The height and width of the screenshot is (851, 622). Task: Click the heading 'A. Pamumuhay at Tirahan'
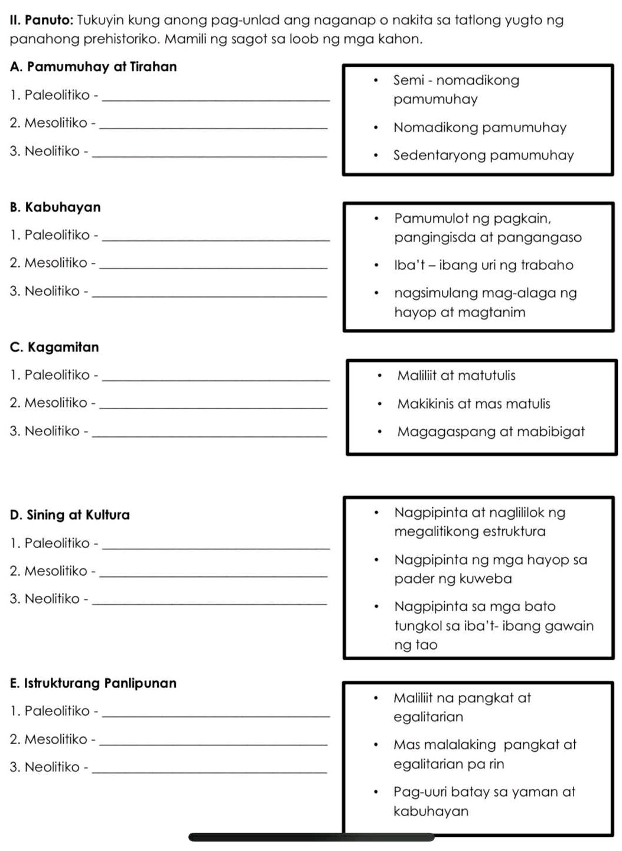93,67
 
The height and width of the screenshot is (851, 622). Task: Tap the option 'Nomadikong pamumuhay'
480,128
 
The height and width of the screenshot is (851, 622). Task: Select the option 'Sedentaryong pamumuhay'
483,155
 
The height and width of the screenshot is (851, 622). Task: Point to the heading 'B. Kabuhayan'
56,207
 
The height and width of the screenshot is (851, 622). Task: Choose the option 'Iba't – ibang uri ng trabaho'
483,265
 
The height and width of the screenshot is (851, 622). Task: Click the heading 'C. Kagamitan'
54,347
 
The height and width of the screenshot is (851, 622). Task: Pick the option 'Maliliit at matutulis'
456,376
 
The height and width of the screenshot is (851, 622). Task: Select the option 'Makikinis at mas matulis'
473,404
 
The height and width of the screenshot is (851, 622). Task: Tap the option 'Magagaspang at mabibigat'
490,432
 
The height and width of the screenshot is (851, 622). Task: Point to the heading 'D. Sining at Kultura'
70,515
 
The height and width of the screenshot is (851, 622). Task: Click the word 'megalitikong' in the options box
435,532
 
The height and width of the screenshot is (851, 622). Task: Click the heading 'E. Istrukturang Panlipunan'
93,683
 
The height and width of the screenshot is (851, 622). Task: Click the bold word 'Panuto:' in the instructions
48,21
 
